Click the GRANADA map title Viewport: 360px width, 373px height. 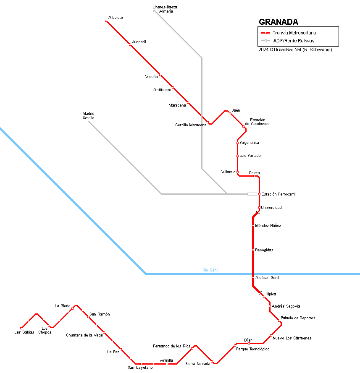(278, 22)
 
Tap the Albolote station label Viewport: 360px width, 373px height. (116, 18)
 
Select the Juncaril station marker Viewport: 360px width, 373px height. (130, 45)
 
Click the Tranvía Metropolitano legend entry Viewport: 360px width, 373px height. (294, 33)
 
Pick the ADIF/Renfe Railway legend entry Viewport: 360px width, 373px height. (293, 41)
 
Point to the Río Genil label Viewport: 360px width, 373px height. (210, 270)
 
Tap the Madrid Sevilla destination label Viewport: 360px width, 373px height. (88, 116)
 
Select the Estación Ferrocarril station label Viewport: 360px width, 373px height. (279, 194)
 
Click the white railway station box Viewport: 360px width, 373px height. (252, 194)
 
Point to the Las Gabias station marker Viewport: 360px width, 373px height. (21, 328)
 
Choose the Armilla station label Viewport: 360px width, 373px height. (166, 360)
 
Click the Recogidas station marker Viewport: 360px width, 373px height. (253, 250)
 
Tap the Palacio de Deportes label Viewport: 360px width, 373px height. (298, 318)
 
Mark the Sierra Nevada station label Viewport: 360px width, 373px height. (197, 364)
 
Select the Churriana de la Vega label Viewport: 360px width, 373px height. (84, 335)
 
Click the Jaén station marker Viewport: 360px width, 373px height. (230, 113)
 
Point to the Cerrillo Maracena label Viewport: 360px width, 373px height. (191, 125)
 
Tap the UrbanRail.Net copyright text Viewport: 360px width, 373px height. (295, 50)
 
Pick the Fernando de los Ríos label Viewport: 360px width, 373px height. (171, 346)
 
